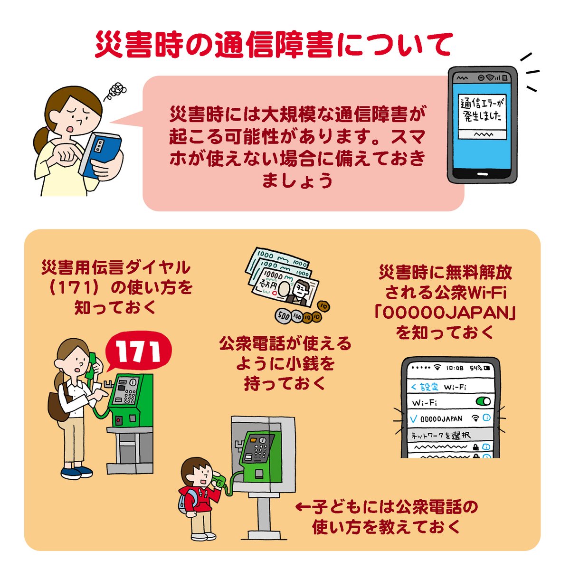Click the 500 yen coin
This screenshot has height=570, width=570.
coord(283,315)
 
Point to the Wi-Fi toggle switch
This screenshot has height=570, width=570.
coord(483,402)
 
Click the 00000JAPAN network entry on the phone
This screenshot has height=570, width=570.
coord(442,419)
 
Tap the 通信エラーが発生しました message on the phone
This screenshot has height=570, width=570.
coord(481,110)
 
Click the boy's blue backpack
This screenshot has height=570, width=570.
coord(183,499)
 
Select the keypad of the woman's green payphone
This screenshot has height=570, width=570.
coord(127,396)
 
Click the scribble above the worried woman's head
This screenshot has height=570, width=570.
coord(117,90)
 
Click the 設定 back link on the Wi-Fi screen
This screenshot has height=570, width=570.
coord(425,387)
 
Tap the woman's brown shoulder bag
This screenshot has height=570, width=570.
coord(57,406)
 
